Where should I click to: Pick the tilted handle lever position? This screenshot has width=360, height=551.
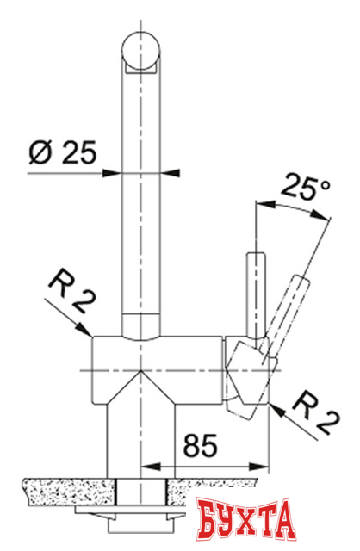(289, 310)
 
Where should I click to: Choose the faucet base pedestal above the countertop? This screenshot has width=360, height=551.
(140, 435)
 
